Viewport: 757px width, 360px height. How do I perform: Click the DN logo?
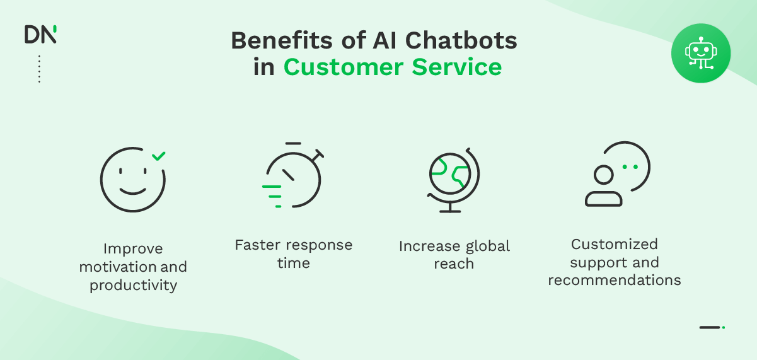[40, 34]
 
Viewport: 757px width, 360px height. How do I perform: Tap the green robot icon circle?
[700, 53]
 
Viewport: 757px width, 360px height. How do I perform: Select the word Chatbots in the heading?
[461, 40]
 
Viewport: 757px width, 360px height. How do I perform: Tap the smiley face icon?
[132, 180]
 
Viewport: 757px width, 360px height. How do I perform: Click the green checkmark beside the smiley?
[159, 155]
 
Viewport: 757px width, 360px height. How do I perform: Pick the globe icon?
[452, 180]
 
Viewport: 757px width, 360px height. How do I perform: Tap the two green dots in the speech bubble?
[630, 167]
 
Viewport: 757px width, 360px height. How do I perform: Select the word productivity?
[133, 285]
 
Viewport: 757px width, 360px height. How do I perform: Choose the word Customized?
[614, 244]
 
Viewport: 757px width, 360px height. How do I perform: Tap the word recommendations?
[614, 280]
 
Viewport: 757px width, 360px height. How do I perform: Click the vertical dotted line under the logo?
[39, 69]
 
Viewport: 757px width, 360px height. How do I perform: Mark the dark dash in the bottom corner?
[710, 327]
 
